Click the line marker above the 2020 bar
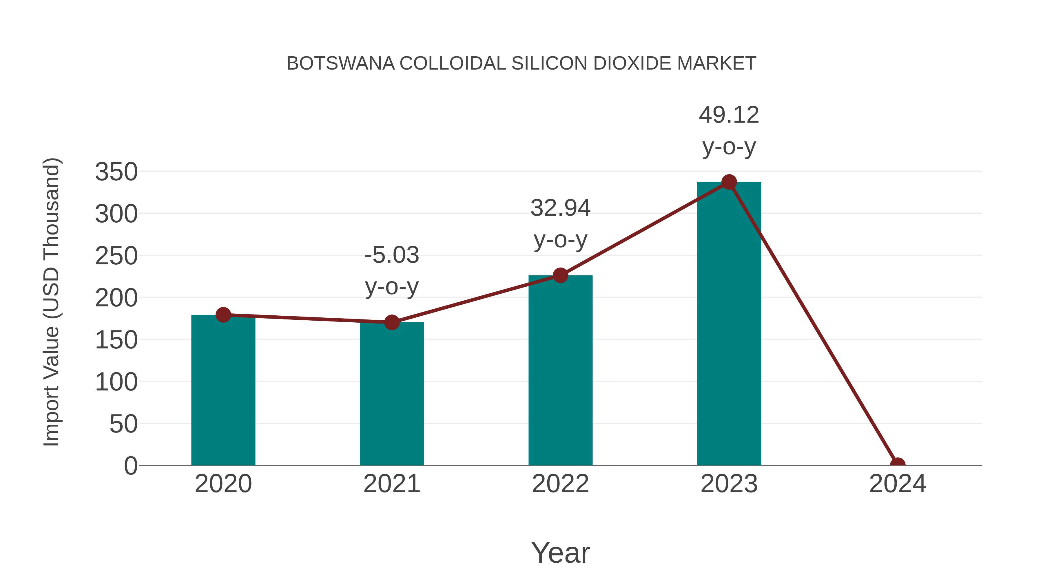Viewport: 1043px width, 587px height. coord(223,315)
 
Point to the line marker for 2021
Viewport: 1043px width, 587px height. coord(391,322)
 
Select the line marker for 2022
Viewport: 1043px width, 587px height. coord(560,275)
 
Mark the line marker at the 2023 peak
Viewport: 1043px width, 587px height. coord(729,182)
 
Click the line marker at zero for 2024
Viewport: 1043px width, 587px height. coord(898,464)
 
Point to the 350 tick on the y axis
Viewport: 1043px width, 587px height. coord(116,172)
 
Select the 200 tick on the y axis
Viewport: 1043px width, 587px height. coord(116,298)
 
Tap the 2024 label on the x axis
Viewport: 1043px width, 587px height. coord(898,484)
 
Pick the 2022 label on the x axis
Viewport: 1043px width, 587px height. coord(560,484)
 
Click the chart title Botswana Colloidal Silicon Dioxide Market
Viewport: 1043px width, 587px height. coord(521,63)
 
